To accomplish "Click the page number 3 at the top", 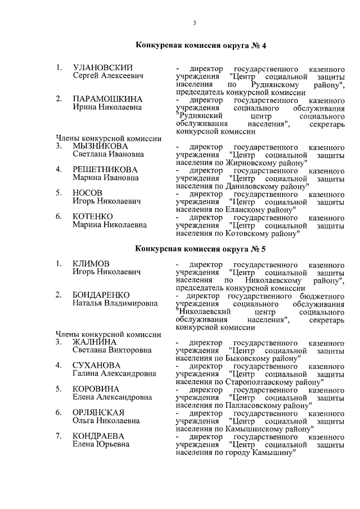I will (194, 23).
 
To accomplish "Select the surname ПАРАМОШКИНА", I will (107, 99).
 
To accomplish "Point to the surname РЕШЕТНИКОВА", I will (105, 169).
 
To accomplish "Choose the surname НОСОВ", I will (88, 193).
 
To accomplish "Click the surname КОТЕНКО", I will (93, 217).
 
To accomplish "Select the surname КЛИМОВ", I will (91, 264).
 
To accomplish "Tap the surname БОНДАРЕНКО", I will (101, 295).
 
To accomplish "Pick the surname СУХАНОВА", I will (97, 366).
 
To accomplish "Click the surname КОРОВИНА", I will (96, 389).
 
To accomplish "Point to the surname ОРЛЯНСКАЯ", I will (98, 413).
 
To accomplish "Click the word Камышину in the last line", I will (272, 452).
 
